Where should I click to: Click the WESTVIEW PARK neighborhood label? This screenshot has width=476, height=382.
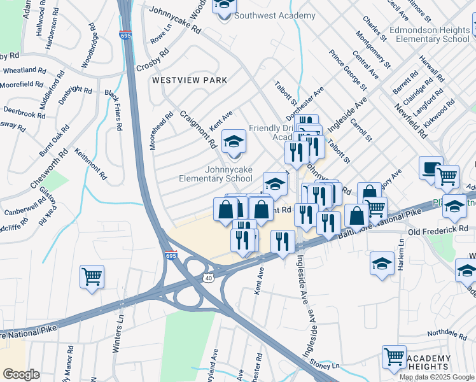point(189,81)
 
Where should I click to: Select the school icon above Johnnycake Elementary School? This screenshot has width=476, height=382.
point(234,144)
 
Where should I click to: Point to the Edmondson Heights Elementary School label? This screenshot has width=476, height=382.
point(430,34)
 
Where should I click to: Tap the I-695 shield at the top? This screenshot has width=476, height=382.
point(125,36)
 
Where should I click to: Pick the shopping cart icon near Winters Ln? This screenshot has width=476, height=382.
point(92,278)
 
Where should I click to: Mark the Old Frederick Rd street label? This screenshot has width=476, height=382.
point(442,229)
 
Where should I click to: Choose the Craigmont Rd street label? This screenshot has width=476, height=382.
point(197,130)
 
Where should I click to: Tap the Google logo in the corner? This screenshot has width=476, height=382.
point(21,374)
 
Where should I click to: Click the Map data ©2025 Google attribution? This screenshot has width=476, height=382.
point(437,377)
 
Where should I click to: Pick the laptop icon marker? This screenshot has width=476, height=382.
point(430,169)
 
